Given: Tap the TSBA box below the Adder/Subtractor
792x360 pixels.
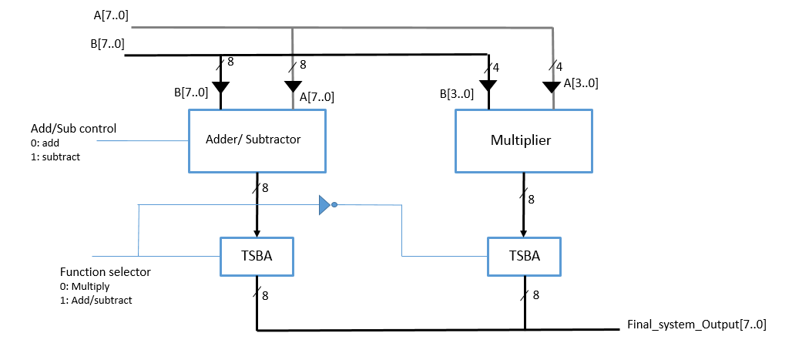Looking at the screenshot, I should click(257, 256).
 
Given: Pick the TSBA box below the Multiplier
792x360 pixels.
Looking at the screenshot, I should click(524, 256).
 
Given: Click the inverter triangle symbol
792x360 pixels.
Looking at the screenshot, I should click(325, 205).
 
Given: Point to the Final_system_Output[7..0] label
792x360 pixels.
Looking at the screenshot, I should click(696, 325).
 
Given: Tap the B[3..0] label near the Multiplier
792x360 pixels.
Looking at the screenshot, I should click(457, 94).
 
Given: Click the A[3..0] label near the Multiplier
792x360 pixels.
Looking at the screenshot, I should click(581, 83).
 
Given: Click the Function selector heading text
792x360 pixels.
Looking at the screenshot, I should click(106, 272).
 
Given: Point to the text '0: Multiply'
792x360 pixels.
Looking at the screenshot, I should click(85, 286).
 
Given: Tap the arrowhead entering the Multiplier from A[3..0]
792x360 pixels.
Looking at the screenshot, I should click(551, 86).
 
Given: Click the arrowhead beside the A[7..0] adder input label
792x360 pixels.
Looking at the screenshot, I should click(292, 86).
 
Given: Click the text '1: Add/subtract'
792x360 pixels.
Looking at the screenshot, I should click(96, 300).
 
